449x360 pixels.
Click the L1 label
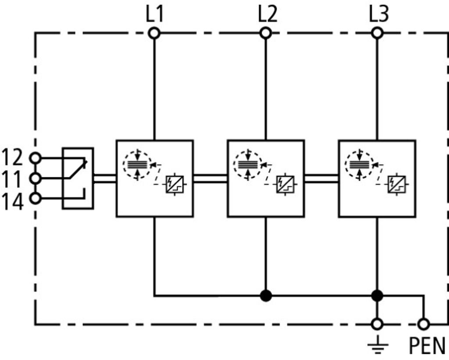click(x=154, y=14)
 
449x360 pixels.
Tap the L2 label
click(x=267, y=14)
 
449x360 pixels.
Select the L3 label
click(x=378, y=14)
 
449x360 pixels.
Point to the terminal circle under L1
click(x=154, y=33)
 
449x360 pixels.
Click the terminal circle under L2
click(x=265, y=33)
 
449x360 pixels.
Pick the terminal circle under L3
click(x=377, y=33)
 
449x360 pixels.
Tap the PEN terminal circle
click(x=423, y=324)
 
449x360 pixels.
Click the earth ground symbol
click(x=377, y=346)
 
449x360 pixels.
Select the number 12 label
click(x=13, y=157)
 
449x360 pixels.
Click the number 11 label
click(x=13, y=178)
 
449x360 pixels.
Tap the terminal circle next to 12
click(x=35, y=158)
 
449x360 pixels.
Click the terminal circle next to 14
click(x=35, y=198)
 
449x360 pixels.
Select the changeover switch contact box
click(x=78, y=178)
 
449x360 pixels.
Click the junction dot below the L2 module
click(x=265, y=296)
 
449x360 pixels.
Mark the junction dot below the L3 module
click(x=377, y=296)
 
